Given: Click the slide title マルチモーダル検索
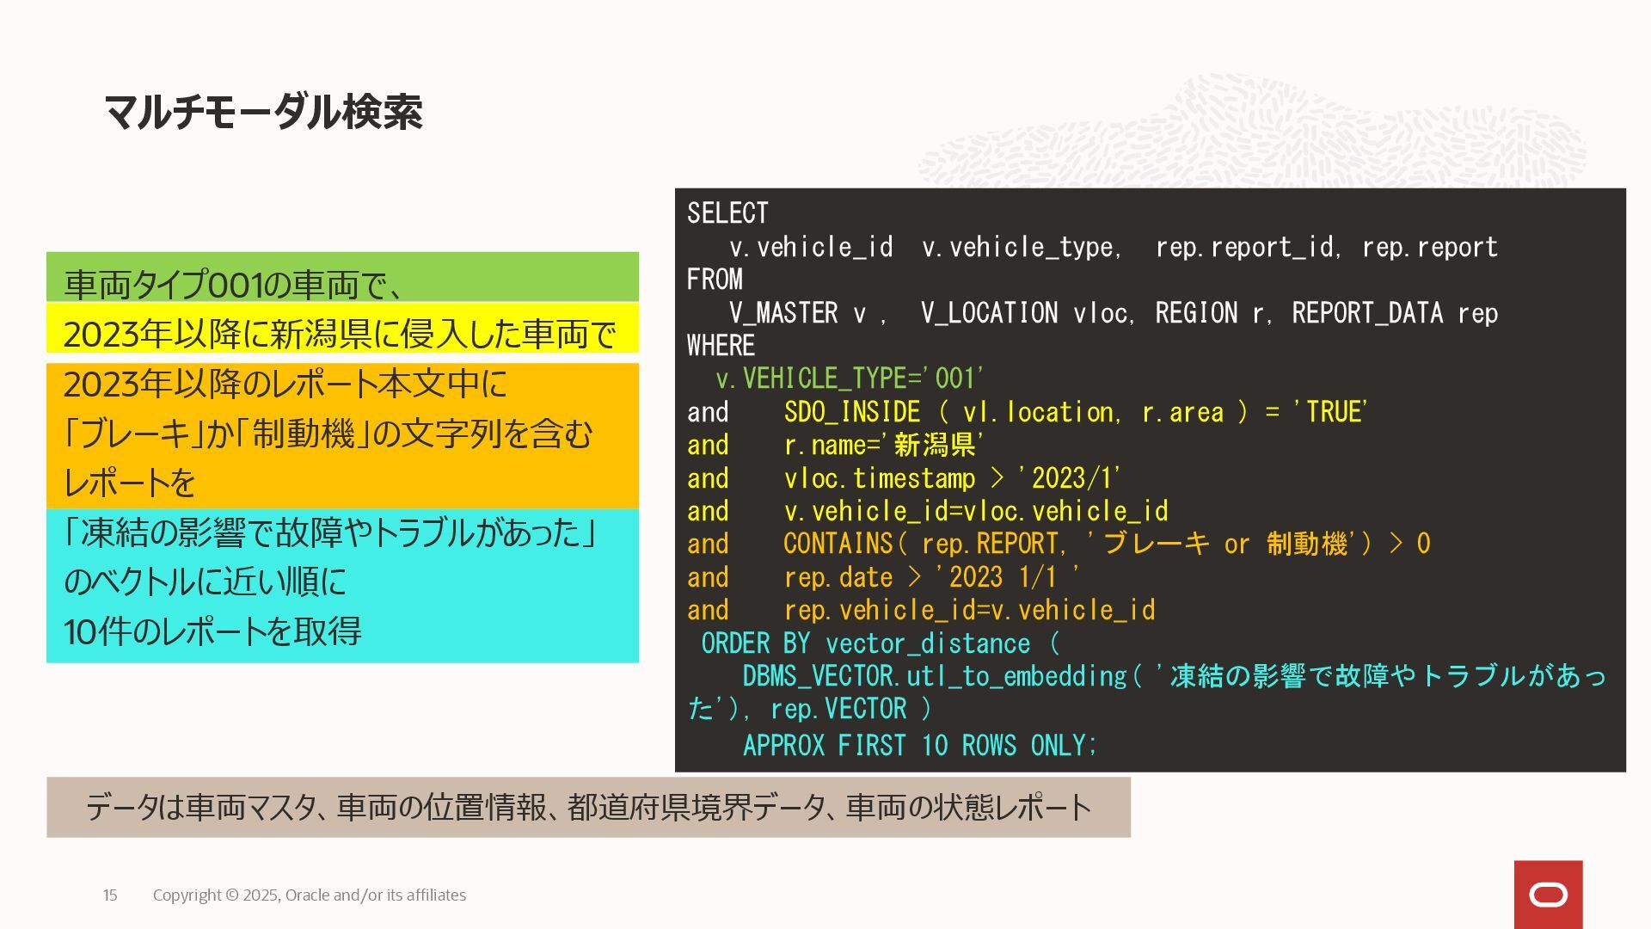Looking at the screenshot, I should tap(263, 112).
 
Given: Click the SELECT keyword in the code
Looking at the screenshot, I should tap(727, 213).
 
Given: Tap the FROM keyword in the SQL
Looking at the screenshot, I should tap(715, 280).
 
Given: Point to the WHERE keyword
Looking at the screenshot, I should tap(721, 346).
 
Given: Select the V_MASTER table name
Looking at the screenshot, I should tap(783, 313).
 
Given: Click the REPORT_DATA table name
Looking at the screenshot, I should tap(1367, 313).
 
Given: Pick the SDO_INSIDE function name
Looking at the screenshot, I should tap(851, 412).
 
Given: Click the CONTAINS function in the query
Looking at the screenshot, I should tap(838, 544).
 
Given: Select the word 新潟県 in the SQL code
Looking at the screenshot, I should tap(934, 445).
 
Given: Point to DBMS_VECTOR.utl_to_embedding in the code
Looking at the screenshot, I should tap(934, 676).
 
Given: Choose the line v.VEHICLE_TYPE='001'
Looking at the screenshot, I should tap(850, 378).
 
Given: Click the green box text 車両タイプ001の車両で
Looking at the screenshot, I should tap(232, 284).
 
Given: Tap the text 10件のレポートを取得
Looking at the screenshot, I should tap(212, 631).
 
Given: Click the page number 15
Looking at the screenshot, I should tap(110, 895).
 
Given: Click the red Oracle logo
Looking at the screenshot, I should tap(1548, 895).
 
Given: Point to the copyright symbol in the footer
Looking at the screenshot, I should tap(232, 895).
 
